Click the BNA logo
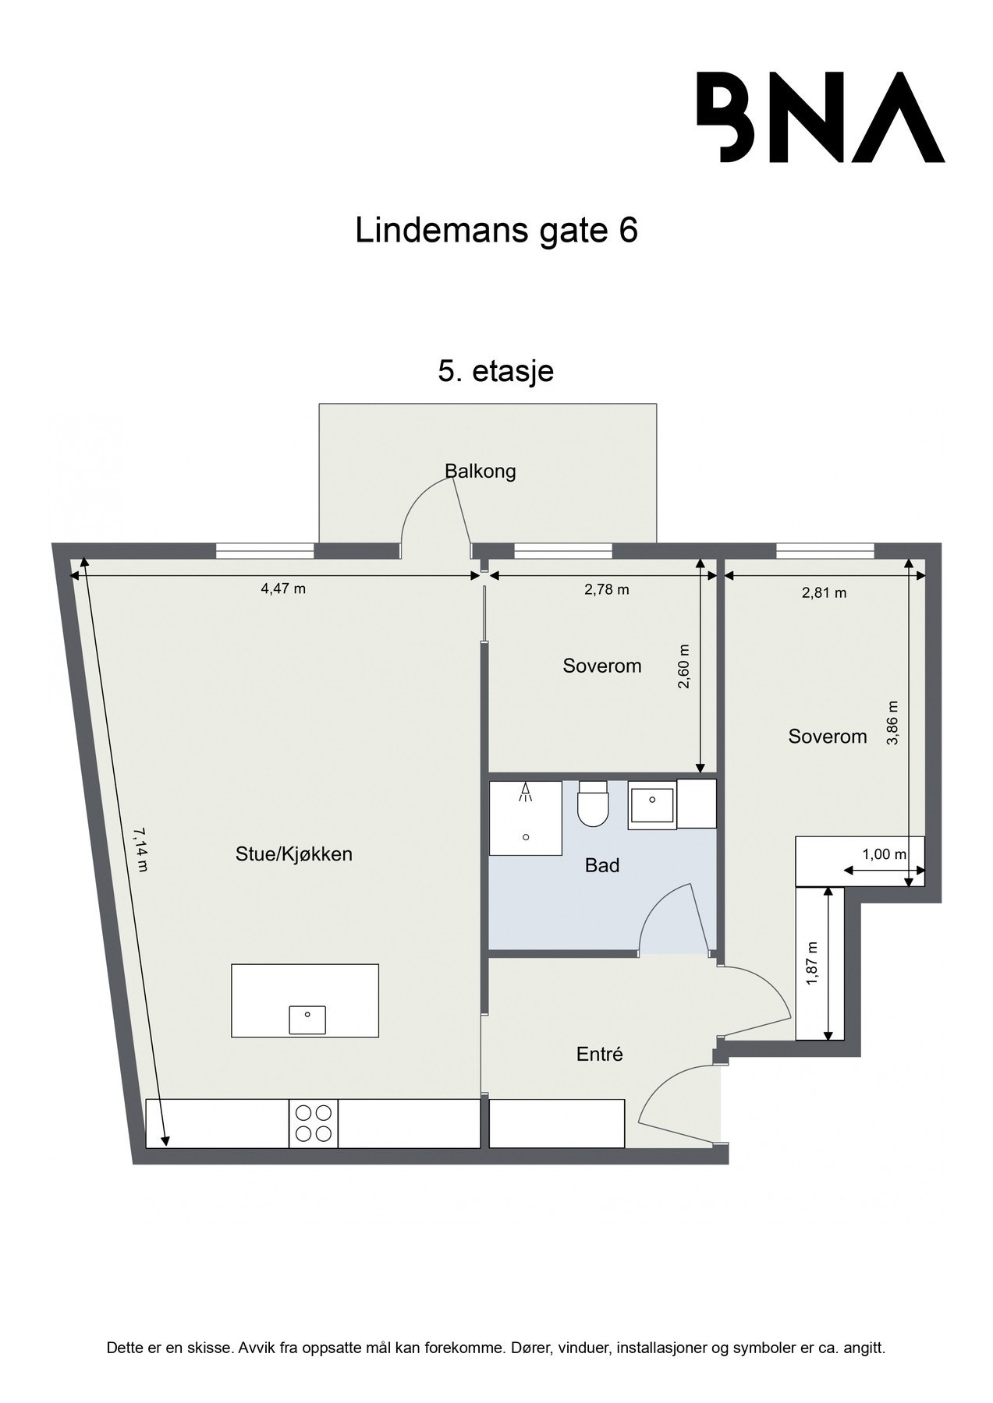820,118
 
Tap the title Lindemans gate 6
496,231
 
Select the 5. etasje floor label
496,371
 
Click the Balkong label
481,472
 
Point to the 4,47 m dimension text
283,589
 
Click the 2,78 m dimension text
607,589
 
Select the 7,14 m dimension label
140,850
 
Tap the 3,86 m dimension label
894,723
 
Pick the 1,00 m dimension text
884,854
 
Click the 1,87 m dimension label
813,963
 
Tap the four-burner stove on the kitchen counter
314,1123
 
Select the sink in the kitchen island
307,1019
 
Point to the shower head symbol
527,792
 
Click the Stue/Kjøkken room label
294,854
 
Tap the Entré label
600,1055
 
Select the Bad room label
602,865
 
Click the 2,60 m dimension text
684,666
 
